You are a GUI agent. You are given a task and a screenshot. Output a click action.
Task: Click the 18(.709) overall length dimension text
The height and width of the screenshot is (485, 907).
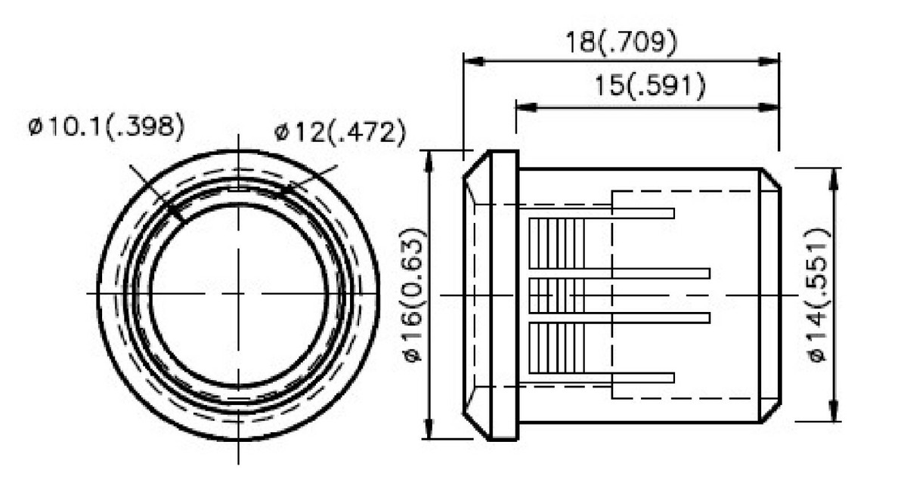(x=621, y=42)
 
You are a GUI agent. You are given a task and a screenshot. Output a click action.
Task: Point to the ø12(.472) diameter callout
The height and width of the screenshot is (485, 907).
(x=340, y=133)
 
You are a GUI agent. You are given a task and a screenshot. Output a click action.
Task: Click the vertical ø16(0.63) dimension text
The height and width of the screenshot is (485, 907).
(x=415, y=295)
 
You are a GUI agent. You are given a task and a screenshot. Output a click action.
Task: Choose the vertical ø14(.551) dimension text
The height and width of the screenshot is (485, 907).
(x=819, y=295)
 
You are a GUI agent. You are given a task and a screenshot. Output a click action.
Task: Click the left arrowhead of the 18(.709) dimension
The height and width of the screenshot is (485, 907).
(x=472, y=61)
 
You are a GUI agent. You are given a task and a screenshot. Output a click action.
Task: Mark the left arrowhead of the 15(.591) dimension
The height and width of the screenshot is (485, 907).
(x=525, y=107)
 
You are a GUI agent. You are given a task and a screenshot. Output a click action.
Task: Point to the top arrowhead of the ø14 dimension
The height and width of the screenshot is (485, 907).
(x=834, y=176)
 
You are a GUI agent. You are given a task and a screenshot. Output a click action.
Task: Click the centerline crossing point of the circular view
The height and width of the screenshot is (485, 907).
(x=239, y=293)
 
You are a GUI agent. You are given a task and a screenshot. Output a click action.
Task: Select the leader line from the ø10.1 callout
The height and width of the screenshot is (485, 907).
(x=155, y=193)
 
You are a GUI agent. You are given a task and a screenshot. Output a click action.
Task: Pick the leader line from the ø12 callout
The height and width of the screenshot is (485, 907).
(x=310, y=181)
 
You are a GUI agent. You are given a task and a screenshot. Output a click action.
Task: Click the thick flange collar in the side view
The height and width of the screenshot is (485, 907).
(x=504, y=295)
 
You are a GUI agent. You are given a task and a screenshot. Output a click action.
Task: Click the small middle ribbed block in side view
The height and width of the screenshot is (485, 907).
(x=556, y=295)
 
